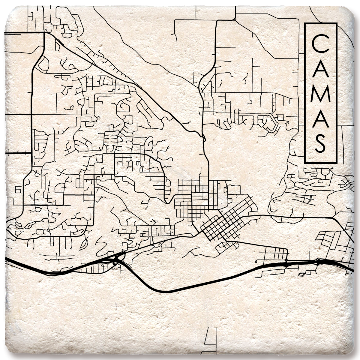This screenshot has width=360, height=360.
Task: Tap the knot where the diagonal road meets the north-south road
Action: click(203, 138)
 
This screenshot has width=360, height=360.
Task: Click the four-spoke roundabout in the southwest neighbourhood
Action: click(48, 230)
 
